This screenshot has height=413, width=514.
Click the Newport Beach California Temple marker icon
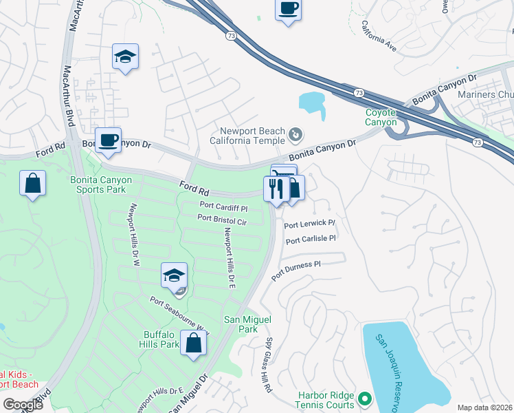click(x=295, y=134)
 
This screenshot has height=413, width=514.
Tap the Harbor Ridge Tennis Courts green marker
click(x=364, y=398)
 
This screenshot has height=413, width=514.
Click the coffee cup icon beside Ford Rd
click(x=108, y=141)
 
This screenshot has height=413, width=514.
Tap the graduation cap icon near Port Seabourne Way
click(x=175, y=276)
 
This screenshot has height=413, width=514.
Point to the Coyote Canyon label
click(x=381, y=117)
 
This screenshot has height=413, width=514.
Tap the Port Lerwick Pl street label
click(x=309, y=224)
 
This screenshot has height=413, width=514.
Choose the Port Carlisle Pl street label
click(x=310, y=240)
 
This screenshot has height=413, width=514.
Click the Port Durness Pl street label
click(x=296, y=270)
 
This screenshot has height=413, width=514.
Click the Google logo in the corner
click(x=23, y=405)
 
